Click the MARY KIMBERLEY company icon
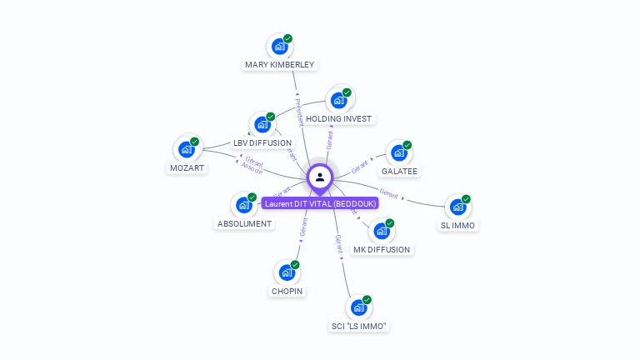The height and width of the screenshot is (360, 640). point(280,47)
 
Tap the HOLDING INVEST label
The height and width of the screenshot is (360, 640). point(338,118)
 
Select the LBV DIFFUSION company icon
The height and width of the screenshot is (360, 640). point(262,125)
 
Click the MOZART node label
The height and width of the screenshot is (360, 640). point(187,167)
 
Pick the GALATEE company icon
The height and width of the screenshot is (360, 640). point(399,153)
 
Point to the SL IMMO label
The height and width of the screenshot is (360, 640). point(459,225)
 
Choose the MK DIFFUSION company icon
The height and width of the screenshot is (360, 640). point(382,232)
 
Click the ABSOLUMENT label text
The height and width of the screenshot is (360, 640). point(244,223)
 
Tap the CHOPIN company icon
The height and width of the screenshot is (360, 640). point(287,272)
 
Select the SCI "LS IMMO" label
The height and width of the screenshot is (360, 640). point(359,326)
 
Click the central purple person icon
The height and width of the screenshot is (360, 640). point(320,177)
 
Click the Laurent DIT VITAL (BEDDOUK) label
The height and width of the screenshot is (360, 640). point(320,203)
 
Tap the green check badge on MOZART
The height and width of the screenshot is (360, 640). point(195,142)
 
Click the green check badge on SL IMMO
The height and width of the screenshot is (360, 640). point(467,199)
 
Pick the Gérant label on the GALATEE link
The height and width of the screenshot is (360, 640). point(361,167)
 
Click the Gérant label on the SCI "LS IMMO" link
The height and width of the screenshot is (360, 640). point(339,243)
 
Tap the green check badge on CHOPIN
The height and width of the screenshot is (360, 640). point(295,264)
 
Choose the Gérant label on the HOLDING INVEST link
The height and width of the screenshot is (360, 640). point(330,139)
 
